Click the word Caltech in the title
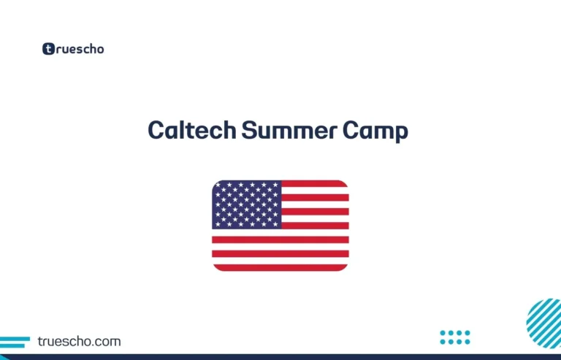click(x=192, y=130)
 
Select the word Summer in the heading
click(x=286, y=130)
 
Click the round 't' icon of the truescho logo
click(x=49, y=49)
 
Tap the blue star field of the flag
click(x=247, y=204)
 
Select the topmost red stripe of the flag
click(x=315, y=184)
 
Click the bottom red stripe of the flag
click(x=280, y=267)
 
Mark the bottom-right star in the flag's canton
click(x=275, y=223)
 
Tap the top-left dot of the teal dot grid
click(x=443, y=333)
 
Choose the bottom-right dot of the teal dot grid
click(x=467, y=341)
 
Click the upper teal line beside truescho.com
click(x=15, y=338)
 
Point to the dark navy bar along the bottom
click(x=280, y=356)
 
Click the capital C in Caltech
click(x=155, y=131)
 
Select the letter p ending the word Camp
click(x=401, y=134)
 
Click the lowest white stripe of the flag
click(x=280, y=261)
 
